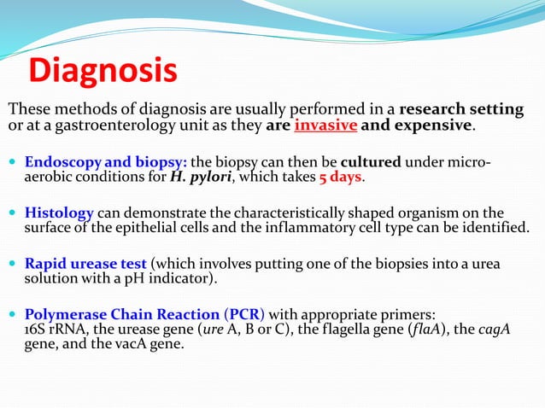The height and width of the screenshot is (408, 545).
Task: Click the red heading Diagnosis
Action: point(103,71)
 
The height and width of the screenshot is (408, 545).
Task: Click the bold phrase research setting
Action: point(461,109)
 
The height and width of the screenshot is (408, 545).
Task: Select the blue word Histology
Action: point(59,213)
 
